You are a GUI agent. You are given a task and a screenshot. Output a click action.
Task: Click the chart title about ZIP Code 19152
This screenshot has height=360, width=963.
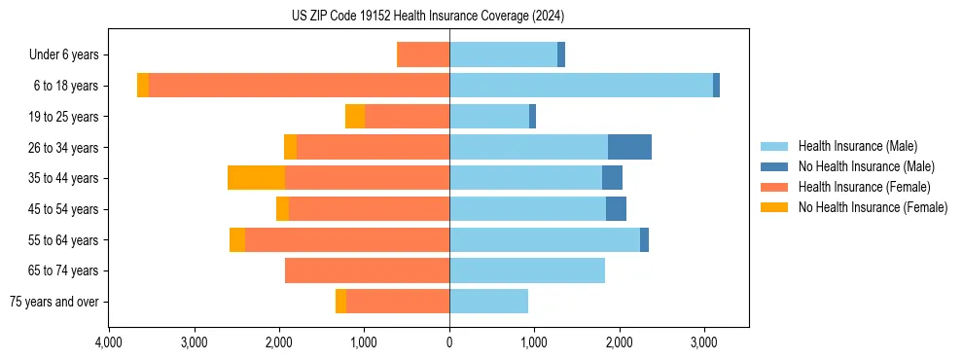(427, 17)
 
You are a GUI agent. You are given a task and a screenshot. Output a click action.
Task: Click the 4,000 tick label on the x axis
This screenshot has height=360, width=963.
(109, 342)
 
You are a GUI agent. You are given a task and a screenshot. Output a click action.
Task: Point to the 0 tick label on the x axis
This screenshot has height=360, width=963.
(449, 342)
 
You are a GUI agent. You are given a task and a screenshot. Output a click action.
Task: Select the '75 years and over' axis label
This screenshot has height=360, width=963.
(54, 302)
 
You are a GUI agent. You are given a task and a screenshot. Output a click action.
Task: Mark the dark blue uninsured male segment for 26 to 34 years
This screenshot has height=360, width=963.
(629, 147)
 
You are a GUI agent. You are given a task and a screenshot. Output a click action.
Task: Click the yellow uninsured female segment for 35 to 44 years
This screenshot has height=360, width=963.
(256, 178)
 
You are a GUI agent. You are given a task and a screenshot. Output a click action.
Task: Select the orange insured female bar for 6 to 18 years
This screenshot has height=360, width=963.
(299, 86)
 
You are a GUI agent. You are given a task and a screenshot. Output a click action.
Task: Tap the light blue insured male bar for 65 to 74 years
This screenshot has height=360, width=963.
(527, 270)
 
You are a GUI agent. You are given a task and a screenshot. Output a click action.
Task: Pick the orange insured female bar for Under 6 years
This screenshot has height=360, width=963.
(423, 54)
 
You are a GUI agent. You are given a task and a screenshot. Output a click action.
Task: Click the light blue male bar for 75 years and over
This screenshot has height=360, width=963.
(488, 302)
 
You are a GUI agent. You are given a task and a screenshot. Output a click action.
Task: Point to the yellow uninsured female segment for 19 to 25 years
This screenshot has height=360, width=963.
(355, 117)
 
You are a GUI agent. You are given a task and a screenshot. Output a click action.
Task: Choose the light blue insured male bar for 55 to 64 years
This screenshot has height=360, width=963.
(545, 239)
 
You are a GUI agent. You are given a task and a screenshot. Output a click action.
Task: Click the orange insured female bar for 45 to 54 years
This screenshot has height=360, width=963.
(369, 209)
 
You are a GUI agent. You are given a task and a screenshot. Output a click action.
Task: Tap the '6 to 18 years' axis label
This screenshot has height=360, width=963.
(65, 86)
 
